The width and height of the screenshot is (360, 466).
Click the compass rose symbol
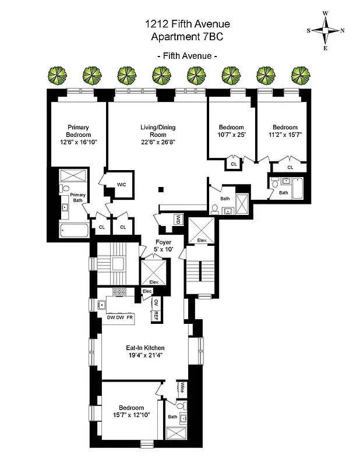(326, 31)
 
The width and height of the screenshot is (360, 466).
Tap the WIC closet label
(122, 184)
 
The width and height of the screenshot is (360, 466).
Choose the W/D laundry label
(178, 219)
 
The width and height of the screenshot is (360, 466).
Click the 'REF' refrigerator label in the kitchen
(156, 315)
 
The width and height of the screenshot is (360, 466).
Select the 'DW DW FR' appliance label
(120, 317)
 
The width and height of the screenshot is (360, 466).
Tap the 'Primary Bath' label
(77, 197)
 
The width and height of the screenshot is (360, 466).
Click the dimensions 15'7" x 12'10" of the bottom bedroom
(131, 415)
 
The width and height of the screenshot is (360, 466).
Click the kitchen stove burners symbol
(120, 292)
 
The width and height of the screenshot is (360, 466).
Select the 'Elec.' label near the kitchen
(147, 291)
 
